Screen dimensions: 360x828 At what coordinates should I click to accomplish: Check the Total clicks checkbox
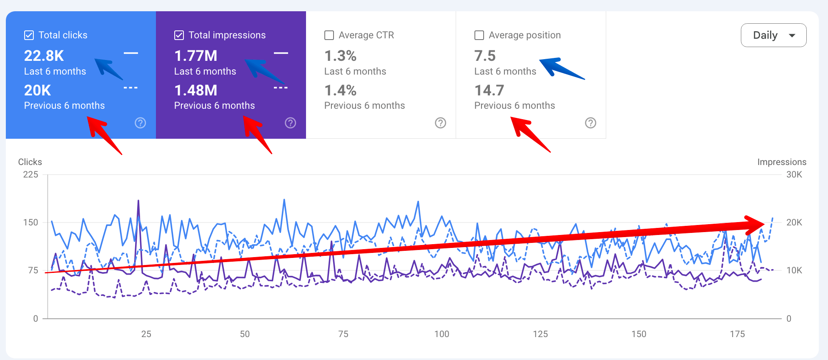29,35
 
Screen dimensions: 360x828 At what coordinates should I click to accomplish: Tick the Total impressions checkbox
179,35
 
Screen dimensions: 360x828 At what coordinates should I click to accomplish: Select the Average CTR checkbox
329,35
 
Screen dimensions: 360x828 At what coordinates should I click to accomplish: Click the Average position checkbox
479,35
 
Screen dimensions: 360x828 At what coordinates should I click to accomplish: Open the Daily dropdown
773,35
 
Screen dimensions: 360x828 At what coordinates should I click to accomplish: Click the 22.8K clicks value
44,56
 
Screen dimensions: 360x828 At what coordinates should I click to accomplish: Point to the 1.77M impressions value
196,56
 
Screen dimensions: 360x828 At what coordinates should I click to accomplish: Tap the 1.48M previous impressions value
196,90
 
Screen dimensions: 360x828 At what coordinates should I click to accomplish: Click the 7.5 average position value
485,56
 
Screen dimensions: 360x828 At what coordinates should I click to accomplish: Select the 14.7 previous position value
489,90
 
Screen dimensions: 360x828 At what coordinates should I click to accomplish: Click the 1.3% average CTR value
340,56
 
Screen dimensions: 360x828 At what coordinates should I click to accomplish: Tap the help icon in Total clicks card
141,123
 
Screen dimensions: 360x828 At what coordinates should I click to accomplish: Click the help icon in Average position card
591,123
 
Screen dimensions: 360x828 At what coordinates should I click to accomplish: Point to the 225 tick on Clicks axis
30,175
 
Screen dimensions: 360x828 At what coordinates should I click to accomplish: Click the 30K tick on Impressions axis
794,175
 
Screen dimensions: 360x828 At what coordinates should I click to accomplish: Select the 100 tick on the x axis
442,334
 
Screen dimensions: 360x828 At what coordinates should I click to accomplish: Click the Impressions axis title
782,162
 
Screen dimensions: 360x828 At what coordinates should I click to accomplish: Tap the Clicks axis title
30,162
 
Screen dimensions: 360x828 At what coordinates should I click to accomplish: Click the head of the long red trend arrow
757,225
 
